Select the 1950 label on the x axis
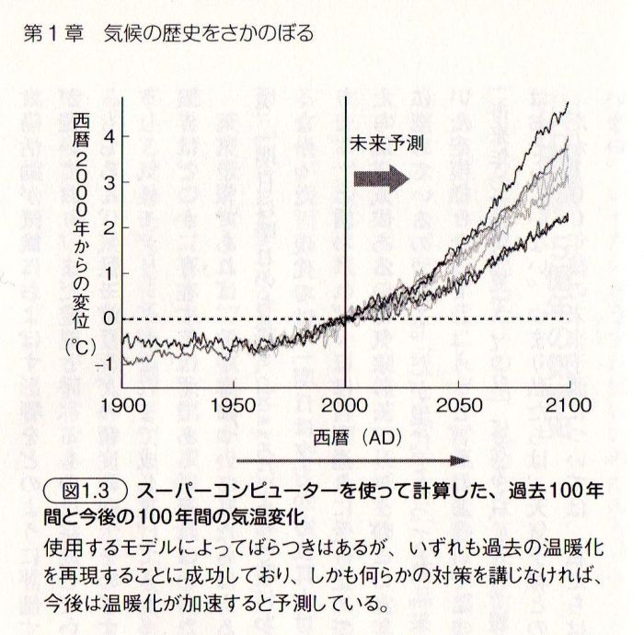pos(233,406)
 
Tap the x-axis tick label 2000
pos(345,406)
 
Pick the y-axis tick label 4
pos(109,135)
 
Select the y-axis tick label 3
pos(109,181)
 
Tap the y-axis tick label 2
pos(109,226)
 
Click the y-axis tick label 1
pos(109,272)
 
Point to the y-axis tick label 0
pos(109,318)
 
